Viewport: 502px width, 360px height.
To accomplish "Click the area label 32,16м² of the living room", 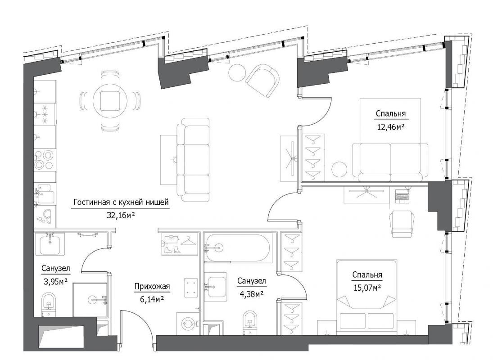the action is (x=121, y=215).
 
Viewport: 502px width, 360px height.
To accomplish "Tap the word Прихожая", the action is (x=152, y=287).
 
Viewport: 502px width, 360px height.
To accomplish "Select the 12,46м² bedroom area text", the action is (x=390, y=127).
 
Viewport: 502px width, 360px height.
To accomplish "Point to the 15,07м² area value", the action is (x=367, y=288).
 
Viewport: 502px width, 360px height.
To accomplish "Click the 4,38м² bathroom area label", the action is (x=251, y=294).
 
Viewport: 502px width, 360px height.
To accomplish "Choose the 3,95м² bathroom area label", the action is (x=55, y=282).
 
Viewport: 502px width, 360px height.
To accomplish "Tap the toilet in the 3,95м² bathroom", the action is (x=48, y=303).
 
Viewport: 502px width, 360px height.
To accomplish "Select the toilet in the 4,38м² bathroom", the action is (x=249, y=322).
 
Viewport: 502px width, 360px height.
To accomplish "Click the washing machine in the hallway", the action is (x=188, y=323).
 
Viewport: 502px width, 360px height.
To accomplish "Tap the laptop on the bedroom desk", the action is (x=402, y=195).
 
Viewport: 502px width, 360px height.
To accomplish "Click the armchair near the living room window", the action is (x=262, y=80).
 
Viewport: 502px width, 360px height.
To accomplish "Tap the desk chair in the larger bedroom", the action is (x=402, y=224).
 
